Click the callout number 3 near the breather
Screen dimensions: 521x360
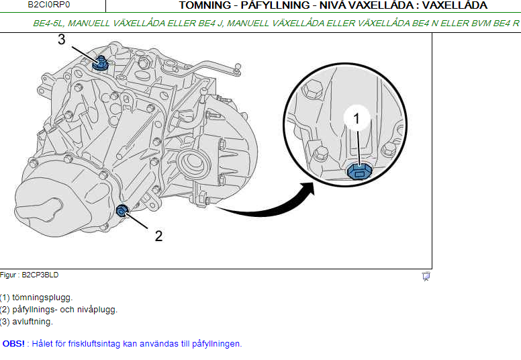point(62,39)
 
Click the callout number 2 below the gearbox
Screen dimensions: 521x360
point(159,236)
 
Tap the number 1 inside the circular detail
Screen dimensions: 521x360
point(357,118)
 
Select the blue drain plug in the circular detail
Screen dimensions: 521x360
point(359,171)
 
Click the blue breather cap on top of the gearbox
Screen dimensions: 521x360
point(100,64)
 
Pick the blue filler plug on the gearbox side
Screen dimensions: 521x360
point(122,210)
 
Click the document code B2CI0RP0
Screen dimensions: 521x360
point(49,5)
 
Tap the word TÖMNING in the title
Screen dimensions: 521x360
point(205,5)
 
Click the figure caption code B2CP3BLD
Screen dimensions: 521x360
point(40,275)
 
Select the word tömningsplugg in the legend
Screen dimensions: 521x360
point(42,298)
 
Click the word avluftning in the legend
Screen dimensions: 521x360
point(32,322)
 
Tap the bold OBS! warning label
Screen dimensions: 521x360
point(13,343)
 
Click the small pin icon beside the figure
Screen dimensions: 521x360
point(426,276)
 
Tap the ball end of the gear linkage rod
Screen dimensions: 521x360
point(238,66)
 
